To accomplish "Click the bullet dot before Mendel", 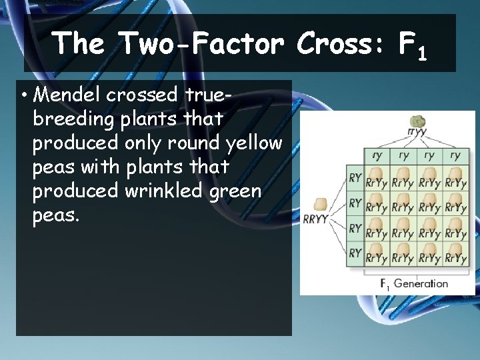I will (x=23, y=95).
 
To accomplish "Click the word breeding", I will (x=72, y=119).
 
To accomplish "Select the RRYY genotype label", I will (x=315, y=219).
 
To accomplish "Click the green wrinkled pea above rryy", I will (x=417, y=121).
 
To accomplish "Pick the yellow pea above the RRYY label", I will (x=320, y=204).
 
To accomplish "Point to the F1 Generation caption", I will (x=414, y=283).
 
